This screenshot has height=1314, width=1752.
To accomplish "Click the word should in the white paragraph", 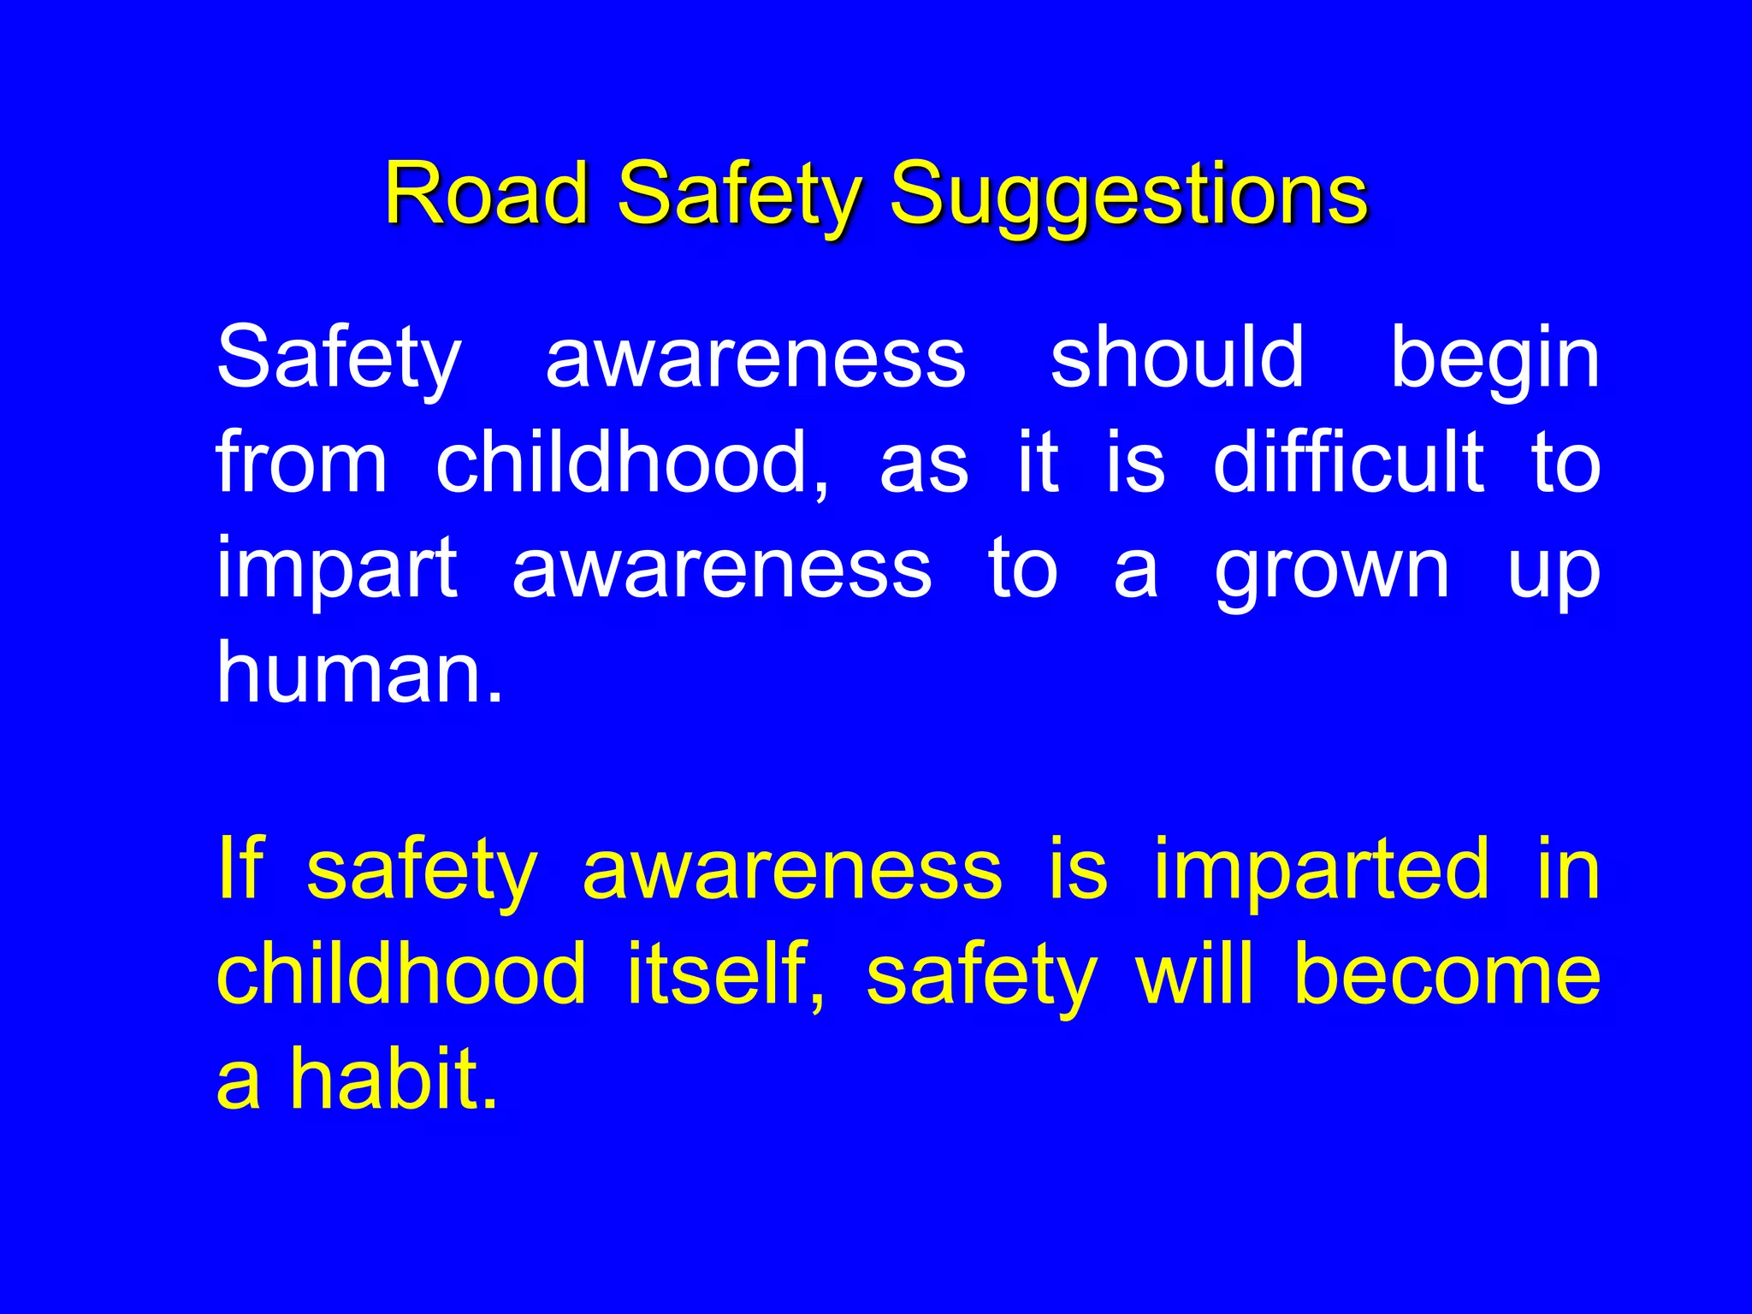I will click(x=1177, y=357).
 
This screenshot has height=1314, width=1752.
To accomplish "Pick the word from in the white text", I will click(x=301, y=462).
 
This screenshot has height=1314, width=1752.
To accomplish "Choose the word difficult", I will click(x=1348, y=462).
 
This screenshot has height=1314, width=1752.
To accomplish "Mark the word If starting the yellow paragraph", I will click(x=240, y=867).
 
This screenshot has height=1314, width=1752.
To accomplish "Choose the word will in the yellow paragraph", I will click(x=1194, y=973).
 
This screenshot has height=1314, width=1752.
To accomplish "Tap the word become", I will click(x=1447, y=973).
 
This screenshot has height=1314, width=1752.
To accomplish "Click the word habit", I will click(x=394, y=1078).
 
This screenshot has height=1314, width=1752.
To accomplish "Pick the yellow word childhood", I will click(x=401, y=973).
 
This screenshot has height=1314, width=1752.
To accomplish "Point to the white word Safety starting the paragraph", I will click(x=339, y=358).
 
